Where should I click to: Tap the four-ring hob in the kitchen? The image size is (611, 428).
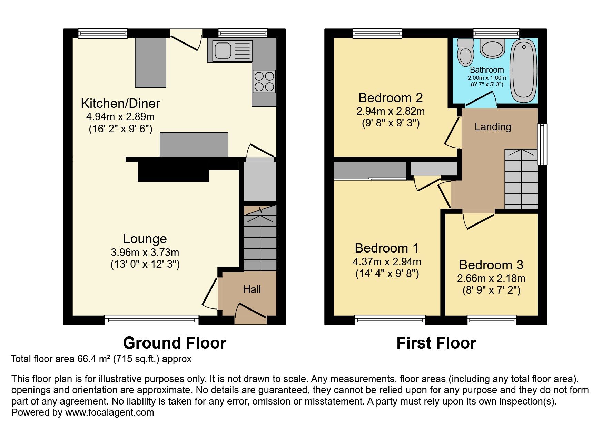[x=264, y=82]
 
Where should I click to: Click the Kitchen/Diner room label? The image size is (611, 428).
[x=120, y=103]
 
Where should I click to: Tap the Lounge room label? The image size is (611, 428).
[x=145, y=239]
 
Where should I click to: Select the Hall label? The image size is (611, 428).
[x=252, y=289]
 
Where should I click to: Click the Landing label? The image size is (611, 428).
[x=493, y=127]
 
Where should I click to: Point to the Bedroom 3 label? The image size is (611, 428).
[x=491, y=265]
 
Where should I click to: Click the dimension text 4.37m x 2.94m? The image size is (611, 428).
[x=387, y=262]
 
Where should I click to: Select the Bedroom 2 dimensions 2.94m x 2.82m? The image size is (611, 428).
[x=391, y=111]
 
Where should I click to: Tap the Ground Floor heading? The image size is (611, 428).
[x=175, y=343]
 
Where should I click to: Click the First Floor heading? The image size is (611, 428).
[x=436, y=343]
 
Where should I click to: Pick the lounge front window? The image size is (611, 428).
[x=152, y=320]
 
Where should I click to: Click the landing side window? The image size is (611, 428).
[x=542, y=144]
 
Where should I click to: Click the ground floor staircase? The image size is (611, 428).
[x=260, y=238]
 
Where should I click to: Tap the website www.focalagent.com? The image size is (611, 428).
[x=109, y=412]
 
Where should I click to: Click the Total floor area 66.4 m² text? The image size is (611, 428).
[x=101, y=359]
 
